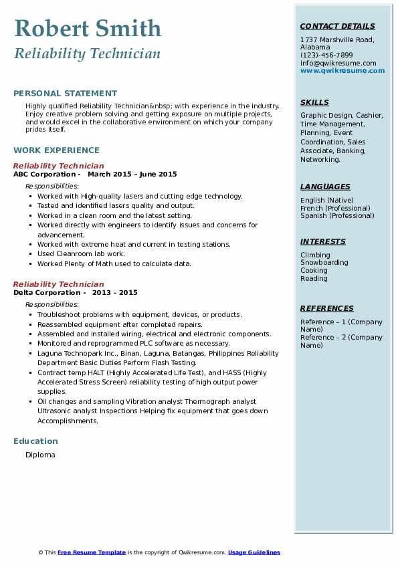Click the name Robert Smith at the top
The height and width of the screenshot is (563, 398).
(x=88, y=28)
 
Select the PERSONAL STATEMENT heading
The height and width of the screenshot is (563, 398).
(x=65, y=94)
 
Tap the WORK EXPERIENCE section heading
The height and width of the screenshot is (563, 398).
(x=56, y=150)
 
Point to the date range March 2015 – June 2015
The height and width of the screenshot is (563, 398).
(x=132, y=175)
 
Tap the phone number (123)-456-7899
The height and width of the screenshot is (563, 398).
(x=326, y=55)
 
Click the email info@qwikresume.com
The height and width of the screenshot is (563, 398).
(x=338, y=64)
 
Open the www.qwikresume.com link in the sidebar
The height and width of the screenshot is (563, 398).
(x=342, y=71)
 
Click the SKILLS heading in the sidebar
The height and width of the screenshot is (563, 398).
(x=314, y=103)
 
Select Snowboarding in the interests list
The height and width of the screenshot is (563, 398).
(x=324, y=263)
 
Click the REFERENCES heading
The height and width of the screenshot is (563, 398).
(x=327, y=309)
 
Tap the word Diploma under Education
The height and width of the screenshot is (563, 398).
(x=40, y=455)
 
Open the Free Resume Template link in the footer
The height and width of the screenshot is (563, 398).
(x=92, y=552)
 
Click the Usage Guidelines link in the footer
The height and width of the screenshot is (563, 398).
(x=254, y=552)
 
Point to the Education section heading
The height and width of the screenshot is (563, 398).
(x=35, y=441)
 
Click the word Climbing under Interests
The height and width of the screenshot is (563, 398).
(x=315, y=255)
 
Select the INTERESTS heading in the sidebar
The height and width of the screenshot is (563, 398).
(x=323, y=242)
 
